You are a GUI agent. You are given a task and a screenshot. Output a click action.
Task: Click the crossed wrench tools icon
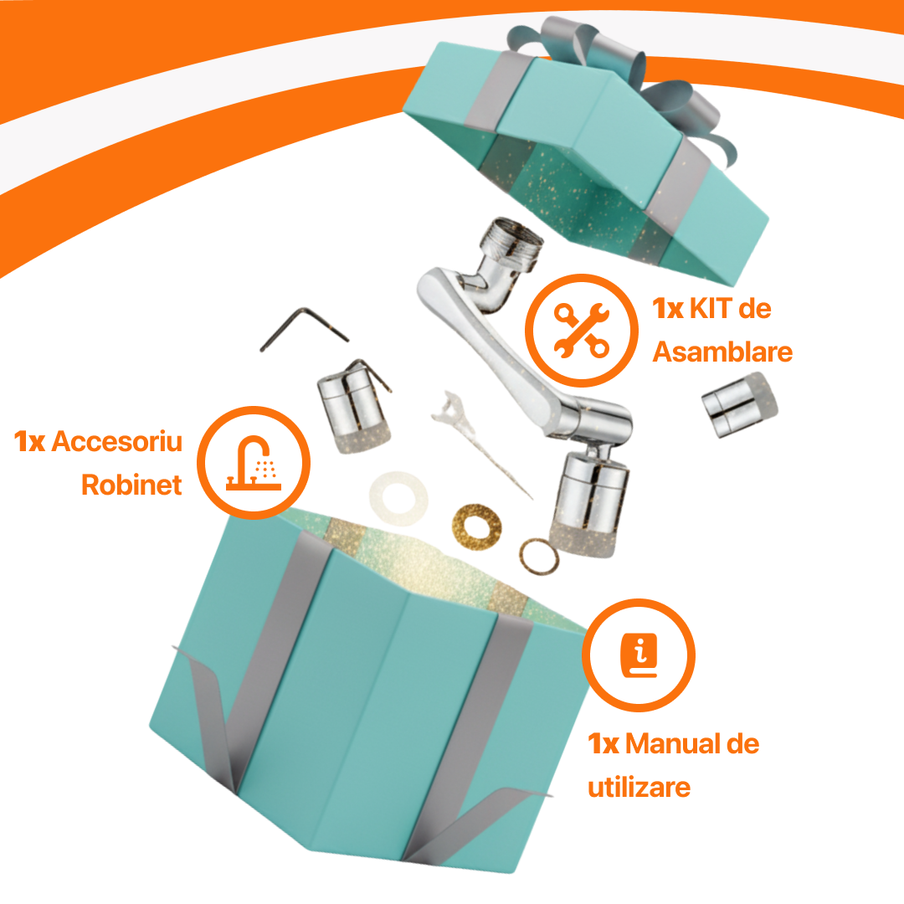pos(581,331)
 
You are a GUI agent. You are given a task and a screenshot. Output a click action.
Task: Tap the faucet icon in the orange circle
pos(254,463)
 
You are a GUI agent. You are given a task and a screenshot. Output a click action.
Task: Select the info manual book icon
pos(639,655)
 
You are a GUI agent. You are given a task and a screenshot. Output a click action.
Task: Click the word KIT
pos(711,308)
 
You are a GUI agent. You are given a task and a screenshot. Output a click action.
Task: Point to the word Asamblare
pos(722,352)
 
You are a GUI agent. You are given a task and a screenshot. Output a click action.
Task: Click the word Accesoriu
pos(117,442)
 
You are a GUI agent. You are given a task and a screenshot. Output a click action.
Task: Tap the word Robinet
pos(131,485)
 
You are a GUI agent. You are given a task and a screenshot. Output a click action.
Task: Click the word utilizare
pos(639,788)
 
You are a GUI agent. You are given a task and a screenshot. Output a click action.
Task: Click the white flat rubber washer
pos(398,498)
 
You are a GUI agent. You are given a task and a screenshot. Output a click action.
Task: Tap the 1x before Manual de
pos(603,744)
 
